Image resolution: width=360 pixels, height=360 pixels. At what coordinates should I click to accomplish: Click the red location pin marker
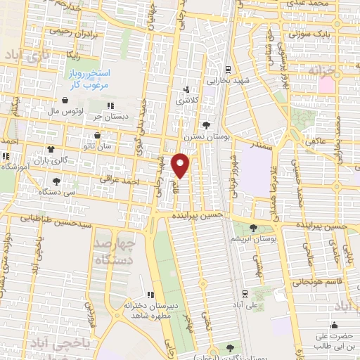[x=181, y=165]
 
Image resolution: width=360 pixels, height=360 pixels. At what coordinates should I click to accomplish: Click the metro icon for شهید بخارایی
[x=227, y=70]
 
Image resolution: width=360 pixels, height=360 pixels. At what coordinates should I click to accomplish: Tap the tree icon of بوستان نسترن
[x=205, y=124]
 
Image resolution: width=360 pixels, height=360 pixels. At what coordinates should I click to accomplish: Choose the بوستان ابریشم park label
[x=266, y=239]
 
